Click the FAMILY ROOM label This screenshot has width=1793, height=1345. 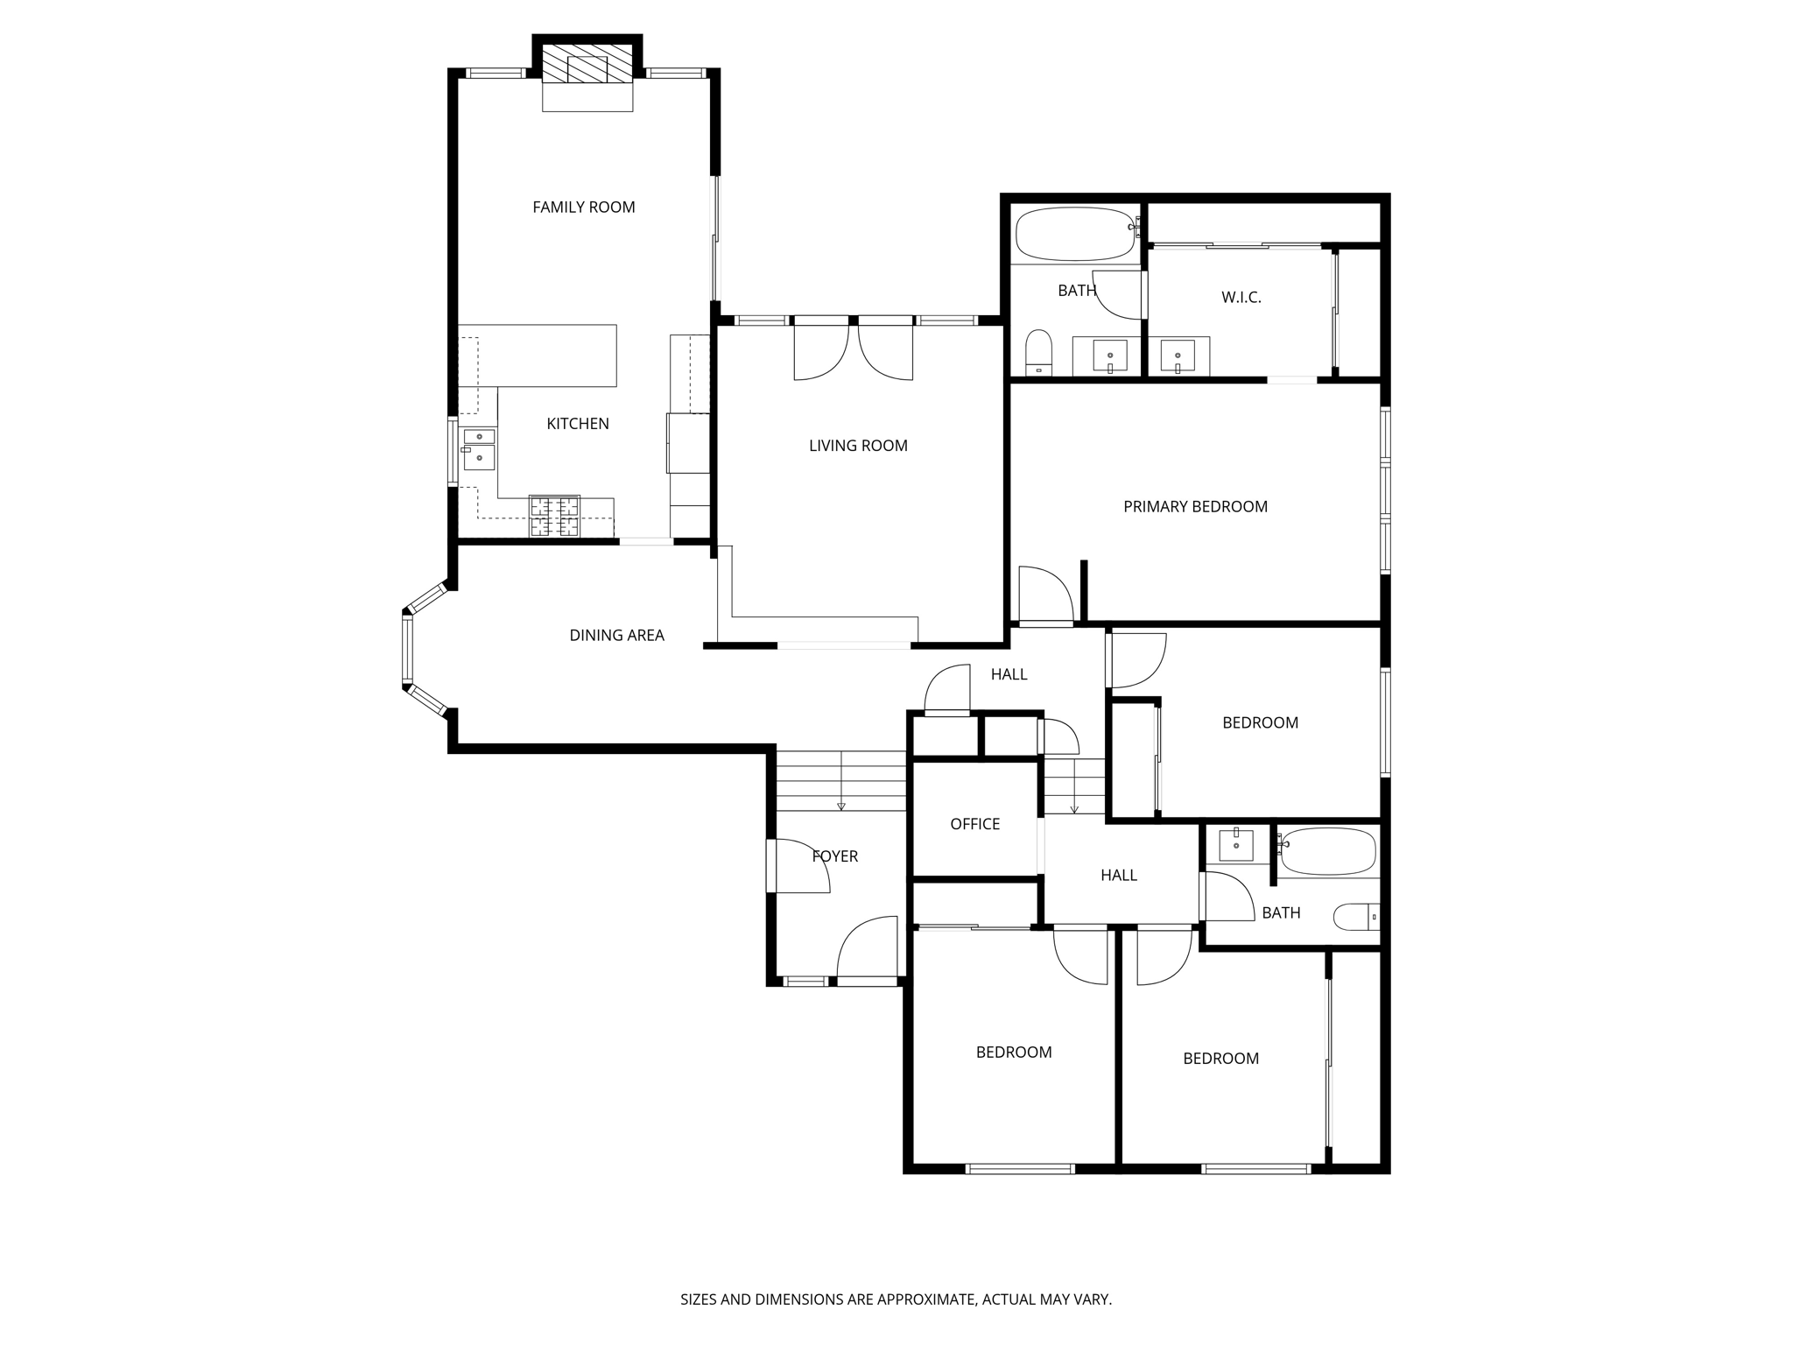point(583,208)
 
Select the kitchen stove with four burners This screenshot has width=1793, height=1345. point(554,516)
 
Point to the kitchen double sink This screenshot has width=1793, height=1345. point(479,447)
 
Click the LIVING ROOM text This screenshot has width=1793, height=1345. point(857,446)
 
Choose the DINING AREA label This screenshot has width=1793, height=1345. point(616,636)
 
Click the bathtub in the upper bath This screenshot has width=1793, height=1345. point(1074,234)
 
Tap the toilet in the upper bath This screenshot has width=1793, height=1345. point(1038,352)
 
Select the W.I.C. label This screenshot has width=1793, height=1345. point(1241,298)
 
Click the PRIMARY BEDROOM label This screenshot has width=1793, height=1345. point(1194,507)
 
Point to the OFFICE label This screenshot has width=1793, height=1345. point(974,824)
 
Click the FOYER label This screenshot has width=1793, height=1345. point(834,856)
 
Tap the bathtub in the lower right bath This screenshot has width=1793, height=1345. point(1328,851)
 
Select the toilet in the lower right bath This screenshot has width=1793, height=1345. point(1355,917)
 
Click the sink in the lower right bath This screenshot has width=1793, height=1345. point(1236,845)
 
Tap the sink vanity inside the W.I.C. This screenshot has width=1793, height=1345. point(1178,356)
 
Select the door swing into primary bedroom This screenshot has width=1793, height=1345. point(1047,595)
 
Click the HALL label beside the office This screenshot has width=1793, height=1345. point(1118,876)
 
